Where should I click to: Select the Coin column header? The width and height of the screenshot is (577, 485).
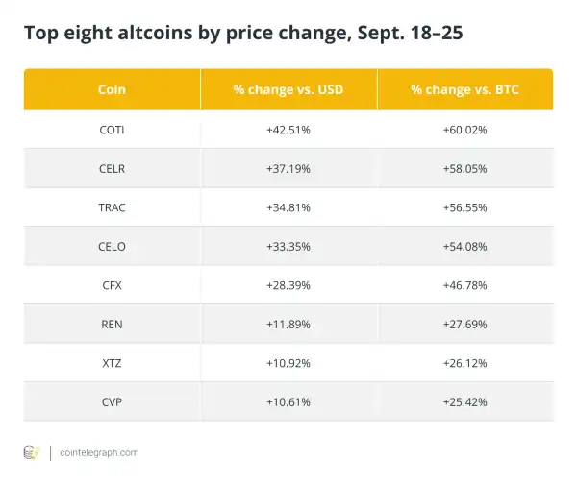click(x=112, y=89)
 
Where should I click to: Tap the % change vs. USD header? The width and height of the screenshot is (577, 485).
click(x=288, y=89)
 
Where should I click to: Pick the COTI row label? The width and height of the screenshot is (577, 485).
click(x=112, y=129)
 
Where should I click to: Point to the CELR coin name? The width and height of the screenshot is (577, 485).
click(x=112, y=168)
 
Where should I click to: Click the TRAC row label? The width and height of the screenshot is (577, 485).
click(x=112, y=206)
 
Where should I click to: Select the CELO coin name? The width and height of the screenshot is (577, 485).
click(x=112, y=246)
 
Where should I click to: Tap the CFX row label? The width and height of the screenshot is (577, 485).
click(x=112, y=285)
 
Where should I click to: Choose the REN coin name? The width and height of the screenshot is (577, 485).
click(x=112, y=324)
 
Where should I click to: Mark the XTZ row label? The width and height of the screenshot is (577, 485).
click(x=112, y=363)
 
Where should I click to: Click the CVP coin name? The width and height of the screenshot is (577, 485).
click(x=112, y=401)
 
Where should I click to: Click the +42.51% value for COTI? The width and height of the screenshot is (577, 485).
click(x=288, y=129)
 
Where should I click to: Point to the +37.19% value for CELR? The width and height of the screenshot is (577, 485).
click(x=288, y=168)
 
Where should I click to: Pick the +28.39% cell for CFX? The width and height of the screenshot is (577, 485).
click(x=288, y=285)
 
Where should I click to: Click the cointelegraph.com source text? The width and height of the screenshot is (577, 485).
click(x=99, y=452)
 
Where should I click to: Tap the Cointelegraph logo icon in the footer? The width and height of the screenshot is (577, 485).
click(x=32, y=452)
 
